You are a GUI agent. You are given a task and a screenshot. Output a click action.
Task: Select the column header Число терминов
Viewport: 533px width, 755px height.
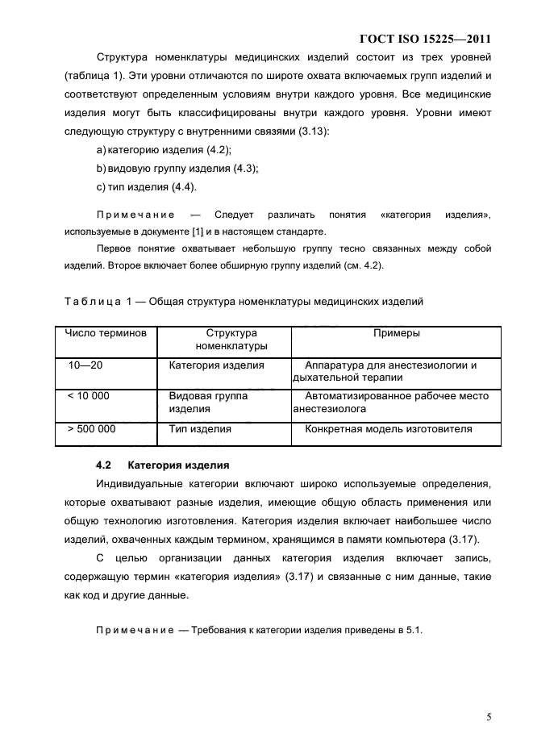pyautogui.click(x=106, y=333)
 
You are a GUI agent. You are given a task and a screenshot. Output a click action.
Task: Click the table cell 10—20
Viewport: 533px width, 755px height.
pyautogui.click(x=85, y=365)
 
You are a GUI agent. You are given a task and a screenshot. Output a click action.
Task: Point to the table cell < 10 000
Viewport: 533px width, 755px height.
pyautogui.click(x=89, y=396)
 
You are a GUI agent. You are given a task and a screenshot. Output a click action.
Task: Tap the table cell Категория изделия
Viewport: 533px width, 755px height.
pyautogui.click(x=216, y=365)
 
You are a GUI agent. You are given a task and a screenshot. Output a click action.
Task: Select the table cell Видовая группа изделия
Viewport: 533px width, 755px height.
pyautogui.click(x=208, y=403)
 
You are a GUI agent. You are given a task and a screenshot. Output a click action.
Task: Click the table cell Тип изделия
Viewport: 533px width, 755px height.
pyautogui.click(x=200, y=429)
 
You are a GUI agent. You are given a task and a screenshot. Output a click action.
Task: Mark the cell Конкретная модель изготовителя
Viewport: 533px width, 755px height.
pyautogui.click(x=388, y=429)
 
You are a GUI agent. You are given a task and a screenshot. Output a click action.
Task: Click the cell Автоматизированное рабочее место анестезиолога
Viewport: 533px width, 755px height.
pyautogui.click(x=392, y=403)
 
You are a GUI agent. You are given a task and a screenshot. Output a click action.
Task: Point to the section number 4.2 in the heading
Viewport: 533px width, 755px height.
pyautogui.click(x=102, y=465)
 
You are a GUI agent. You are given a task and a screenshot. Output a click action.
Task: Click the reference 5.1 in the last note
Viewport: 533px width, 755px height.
pyautogui.click(x=414, y=631)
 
